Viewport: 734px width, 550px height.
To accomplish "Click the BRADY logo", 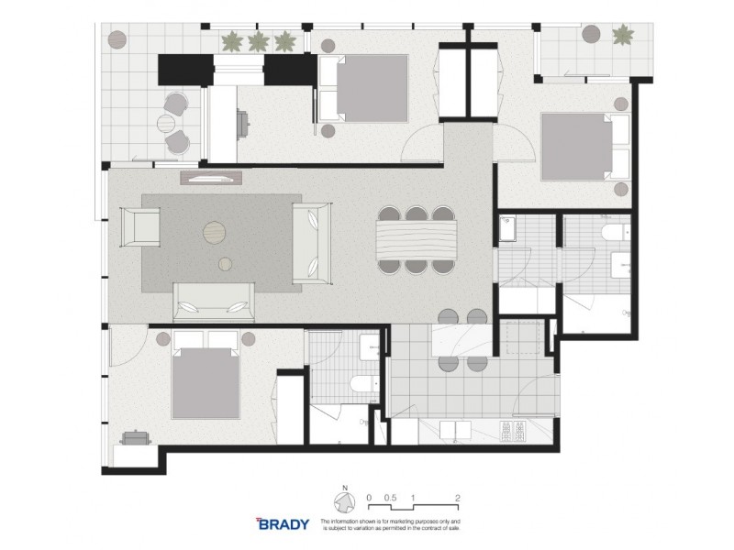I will pyautogui.click(x=283, y=525).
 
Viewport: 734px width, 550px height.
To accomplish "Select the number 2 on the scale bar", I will pyautogui.click(x=456, y=496).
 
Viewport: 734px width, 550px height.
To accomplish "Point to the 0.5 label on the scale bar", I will pyautogui.click(x=390, y=496).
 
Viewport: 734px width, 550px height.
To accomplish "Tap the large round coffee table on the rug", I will pyautogui.click(x=214, y=233).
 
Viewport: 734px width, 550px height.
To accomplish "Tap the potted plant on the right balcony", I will pyautogui.click(x=623, y=36).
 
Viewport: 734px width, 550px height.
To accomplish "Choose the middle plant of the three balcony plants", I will pyautogui.click(x=258, y=40).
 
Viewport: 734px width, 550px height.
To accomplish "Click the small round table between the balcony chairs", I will pyautogui.click(x=169, y=122).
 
